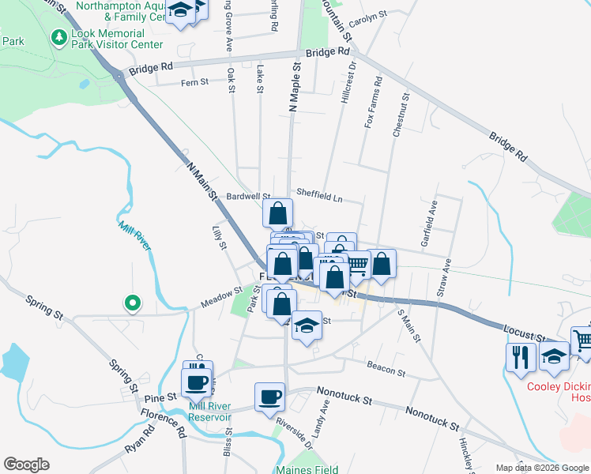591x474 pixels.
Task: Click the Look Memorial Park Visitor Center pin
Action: (x=58, y=37)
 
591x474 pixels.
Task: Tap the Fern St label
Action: (x=194, y=81)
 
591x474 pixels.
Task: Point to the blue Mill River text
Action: (x=134, y=237)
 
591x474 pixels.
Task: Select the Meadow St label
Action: (x=220, y=295)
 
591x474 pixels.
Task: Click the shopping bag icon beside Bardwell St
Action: (x=277, y=213)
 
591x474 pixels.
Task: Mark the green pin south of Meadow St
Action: (x=133, y=302)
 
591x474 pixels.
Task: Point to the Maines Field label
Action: (x=307, y=469)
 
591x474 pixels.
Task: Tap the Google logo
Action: (x=26, y=465)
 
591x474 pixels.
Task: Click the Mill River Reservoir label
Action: (x=210, y=412)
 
